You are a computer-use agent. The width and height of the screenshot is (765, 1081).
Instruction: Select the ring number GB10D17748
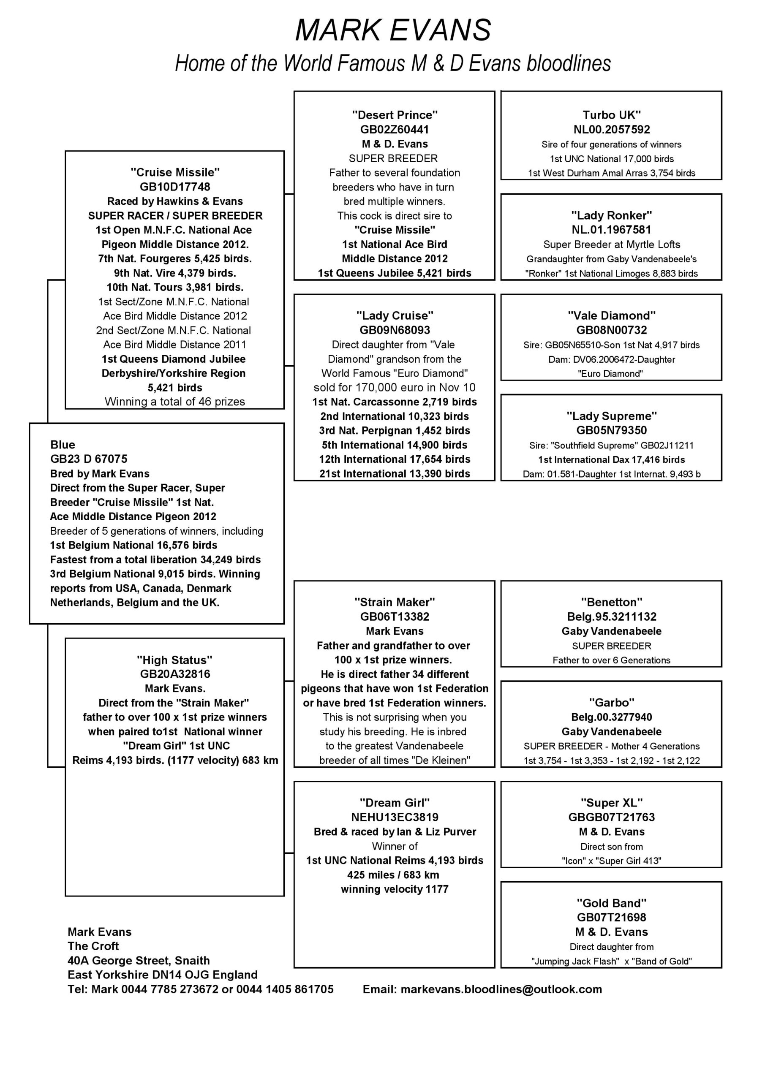[175, 187]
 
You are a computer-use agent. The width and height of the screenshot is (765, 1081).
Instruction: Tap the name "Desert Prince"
[395, 115]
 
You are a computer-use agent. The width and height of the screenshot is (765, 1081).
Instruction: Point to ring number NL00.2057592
[611, 130]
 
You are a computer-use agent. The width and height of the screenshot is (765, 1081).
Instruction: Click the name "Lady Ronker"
[611, 216]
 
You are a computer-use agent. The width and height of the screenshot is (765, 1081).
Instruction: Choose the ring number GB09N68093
[395, 330]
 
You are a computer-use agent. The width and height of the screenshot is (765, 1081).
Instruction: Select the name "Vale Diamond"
[611, 315]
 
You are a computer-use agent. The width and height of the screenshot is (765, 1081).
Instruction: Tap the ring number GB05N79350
[611, 430]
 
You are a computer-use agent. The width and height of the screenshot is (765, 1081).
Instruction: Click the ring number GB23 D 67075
[89, 459]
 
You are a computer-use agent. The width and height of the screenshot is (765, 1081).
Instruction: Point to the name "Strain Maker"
[395, 602]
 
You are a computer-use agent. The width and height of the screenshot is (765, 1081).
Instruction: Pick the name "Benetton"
[611, 602]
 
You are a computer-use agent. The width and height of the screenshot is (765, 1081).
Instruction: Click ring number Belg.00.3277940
[611, 717]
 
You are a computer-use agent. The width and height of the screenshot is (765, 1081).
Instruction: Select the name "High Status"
[175, 660]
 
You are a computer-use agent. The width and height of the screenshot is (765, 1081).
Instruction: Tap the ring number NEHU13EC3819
[395, 818]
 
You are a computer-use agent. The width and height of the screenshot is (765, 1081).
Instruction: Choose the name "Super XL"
[611, 803]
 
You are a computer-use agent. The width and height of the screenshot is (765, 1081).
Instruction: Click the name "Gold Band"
[611, 903]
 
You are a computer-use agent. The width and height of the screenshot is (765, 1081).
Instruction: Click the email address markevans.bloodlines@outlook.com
[501, 989]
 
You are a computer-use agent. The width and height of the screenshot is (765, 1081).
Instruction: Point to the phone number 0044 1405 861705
[285, 989]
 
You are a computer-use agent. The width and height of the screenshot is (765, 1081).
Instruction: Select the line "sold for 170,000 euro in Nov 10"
[395, 388]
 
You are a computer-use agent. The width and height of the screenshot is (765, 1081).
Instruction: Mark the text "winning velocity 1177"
[395, 889]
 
